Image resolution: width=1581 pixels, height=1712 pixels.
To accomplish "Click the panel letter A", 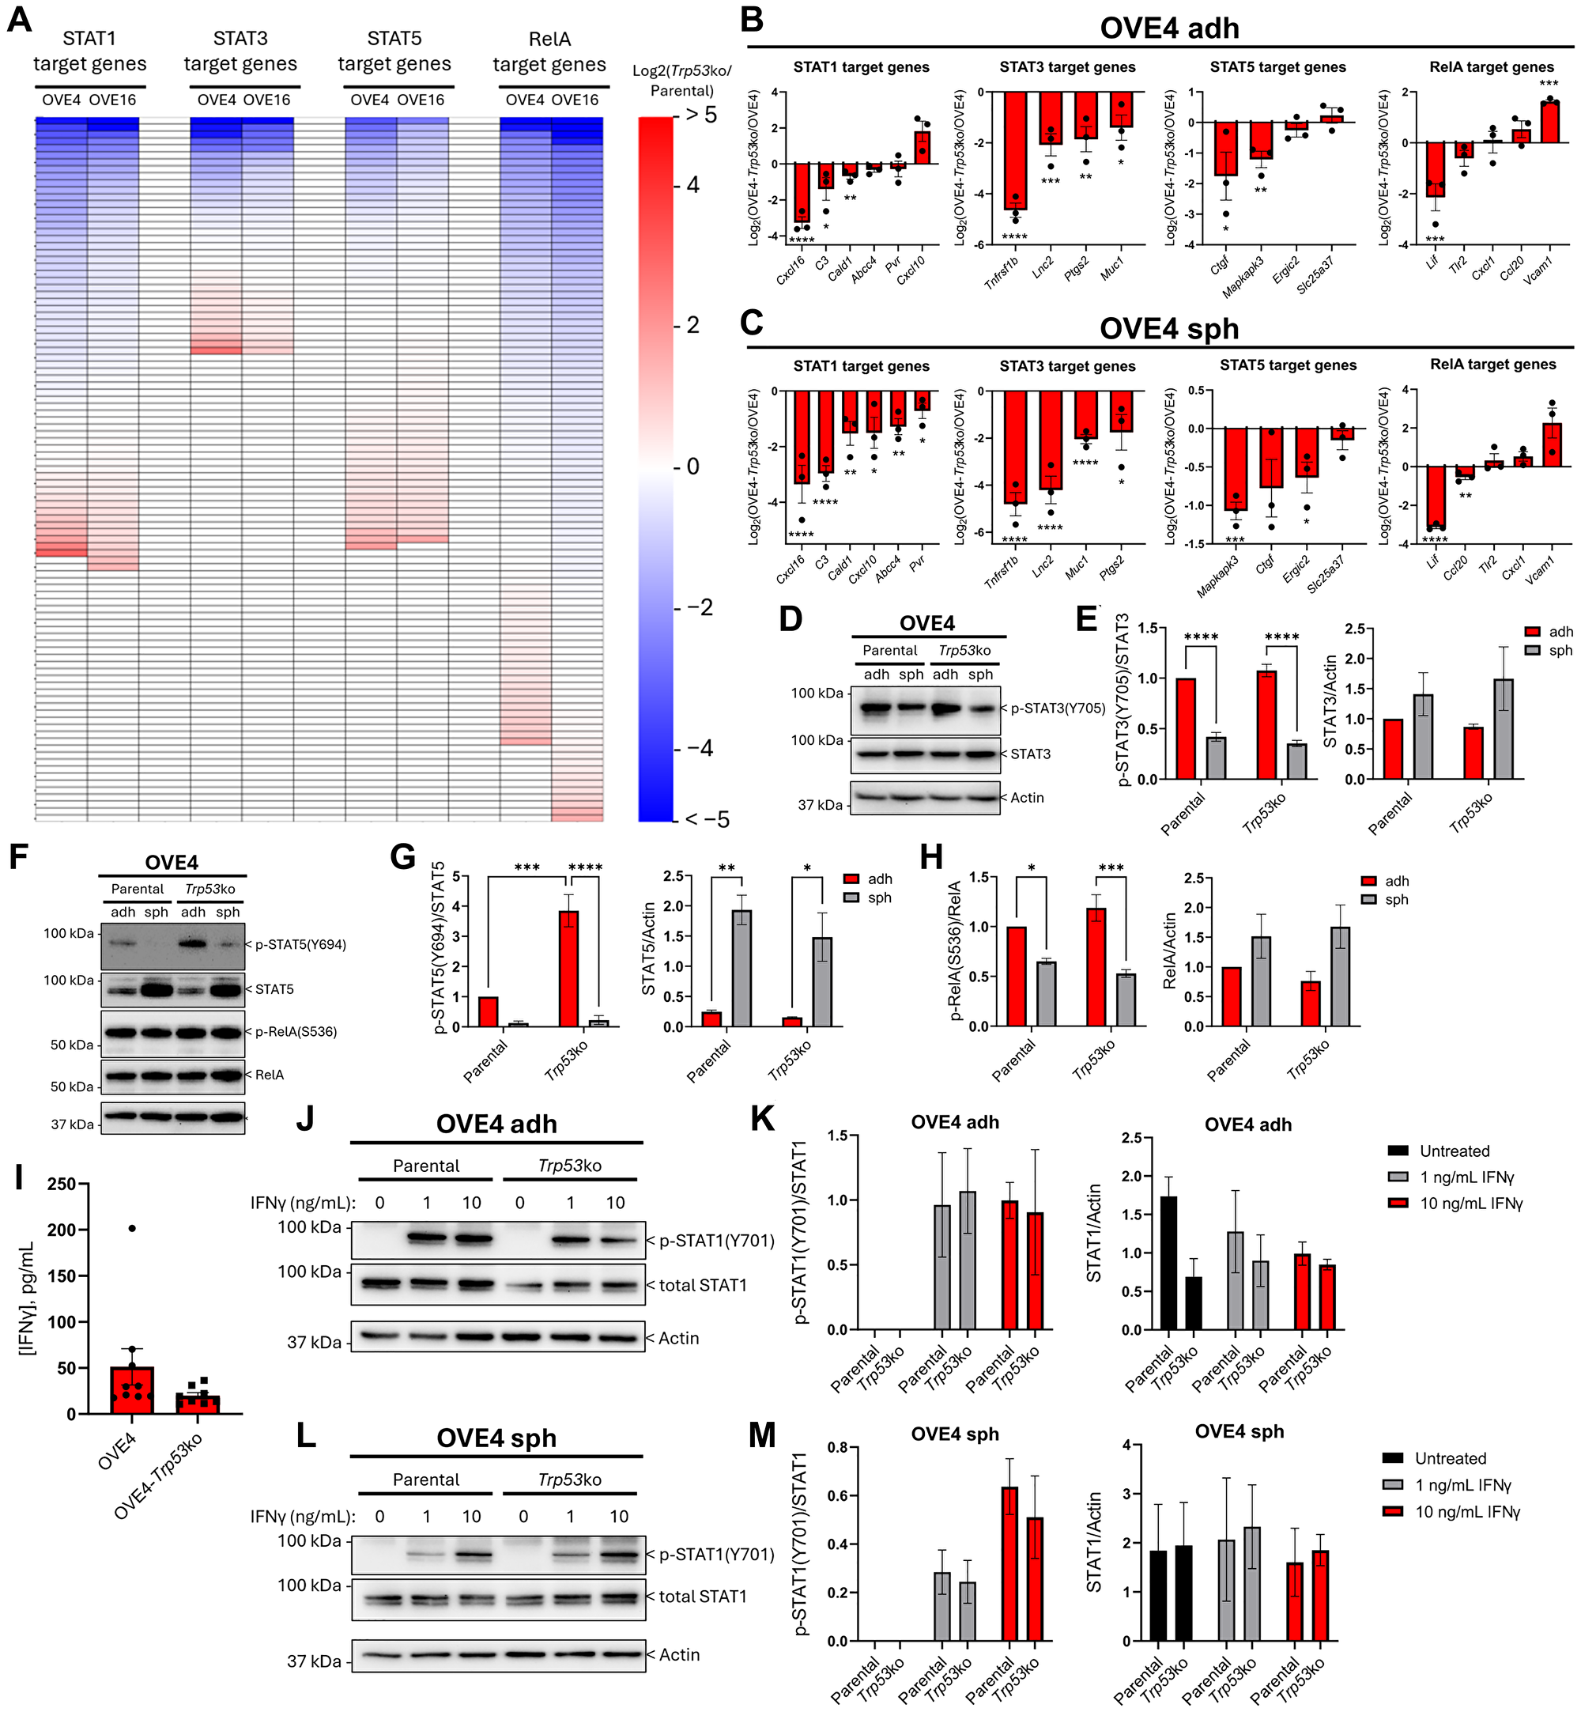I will pos(19,19).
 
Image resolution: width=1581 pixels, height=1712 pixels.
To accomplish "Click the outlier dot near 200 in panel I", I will pos(132,1229).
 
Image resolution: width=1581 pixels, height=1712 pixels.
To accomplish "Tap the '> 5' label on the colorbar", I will pos(700,115).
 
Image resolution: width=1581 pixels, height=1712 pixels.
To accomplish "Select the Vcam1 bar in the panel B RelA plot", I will pos(1549,123).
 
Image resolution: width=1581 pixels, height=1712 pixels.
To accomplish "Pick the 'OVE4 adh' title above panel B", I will pos(1168,28).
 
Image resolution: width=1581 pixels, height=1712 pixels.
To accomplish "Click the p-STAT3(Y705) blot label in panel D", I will pos(1058,709).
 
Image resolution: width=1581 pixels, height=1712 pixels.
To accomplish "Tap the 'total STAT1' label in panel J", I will pos(703,1285).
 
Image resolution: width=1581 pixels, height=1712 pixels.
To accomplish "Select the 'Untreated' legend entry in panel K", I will pos(1455,1151).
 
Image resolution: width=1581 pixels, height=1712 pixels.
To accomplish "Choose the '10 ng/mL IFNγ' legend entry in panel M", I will pos(1467,1512).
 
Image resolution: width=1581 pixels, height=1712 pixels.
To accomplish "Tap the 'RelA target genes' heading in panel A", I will pos(549,51).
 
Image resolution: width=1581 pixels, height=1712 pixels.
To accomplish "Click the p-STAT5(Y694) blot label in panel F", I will pos(300,944).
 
